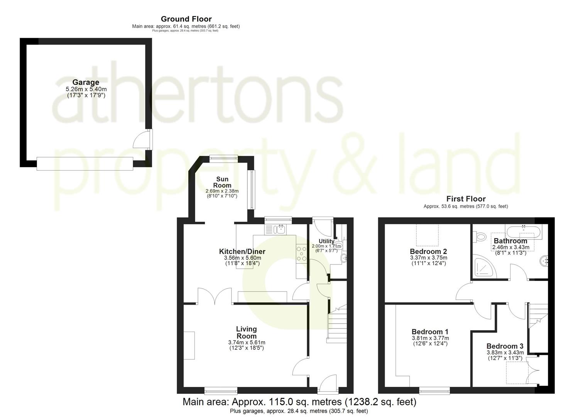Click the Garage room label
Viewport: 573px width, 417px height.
(x=86, y=82)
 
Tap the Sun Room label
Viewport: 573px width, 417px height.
(x=222, y=182)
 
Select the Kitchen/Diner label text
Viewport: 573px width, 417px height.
(x=242, y=252)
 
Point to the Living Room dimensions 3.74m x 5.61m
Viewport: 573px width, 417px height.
(x=247, y=342)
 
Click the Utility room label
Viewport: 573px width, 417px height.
(x=326, y=241)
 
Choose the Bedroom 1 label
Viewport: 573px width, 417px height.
(x=430, y=332)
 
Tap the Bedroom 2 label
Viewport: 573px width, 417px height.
(x=423, y=252)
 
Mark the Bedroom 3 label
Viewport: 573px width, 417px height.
(x=505, y=346)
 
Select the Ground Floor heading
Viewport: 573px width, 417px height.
(x=186, y=19)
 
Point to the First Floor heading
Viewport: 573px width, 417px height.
(x=466, y=199)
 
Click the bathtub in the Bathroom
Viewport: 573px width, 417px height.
(x=524, y=232)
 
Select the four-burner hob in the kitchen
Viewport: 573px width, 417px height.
(x=301, y=254)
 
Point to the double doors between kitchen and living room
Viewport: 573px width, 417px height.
(x=214, y=296)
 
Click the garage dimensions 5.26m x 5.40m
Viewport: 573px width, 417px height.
(x=86, y=89)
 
